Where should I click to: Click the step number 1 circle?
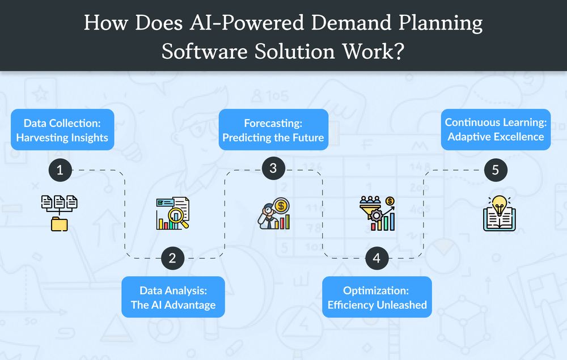coord(60,170)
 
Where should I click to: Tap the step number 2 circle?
coord(172,258)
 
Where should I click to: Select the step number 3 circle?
coord(273,168)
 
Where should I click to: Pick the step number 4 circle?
coord(377,258)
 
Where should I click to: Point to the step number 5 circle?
coord(496,170)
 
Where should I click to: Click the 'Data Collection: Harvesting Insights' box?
coord(62,130)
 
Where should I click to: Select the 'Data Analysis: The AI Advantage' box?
coord(173,297)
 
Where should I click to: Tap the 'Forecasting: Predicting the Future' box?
coord(273,130)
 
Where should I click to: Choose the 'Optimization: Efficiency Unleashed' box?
coord(377,297)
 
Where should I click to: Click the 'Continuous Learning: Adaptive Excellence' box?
coord(496,130)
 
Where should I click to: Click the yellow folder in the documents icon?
coord(60,224)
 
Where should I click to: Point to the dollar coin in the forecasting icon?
coord(281,206)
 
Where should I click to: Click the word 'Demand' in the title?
coord(351,23)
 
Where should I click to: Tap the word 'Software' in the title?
coord(204,52)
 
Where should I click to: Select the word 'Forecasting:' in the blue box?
coord(273,123)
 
